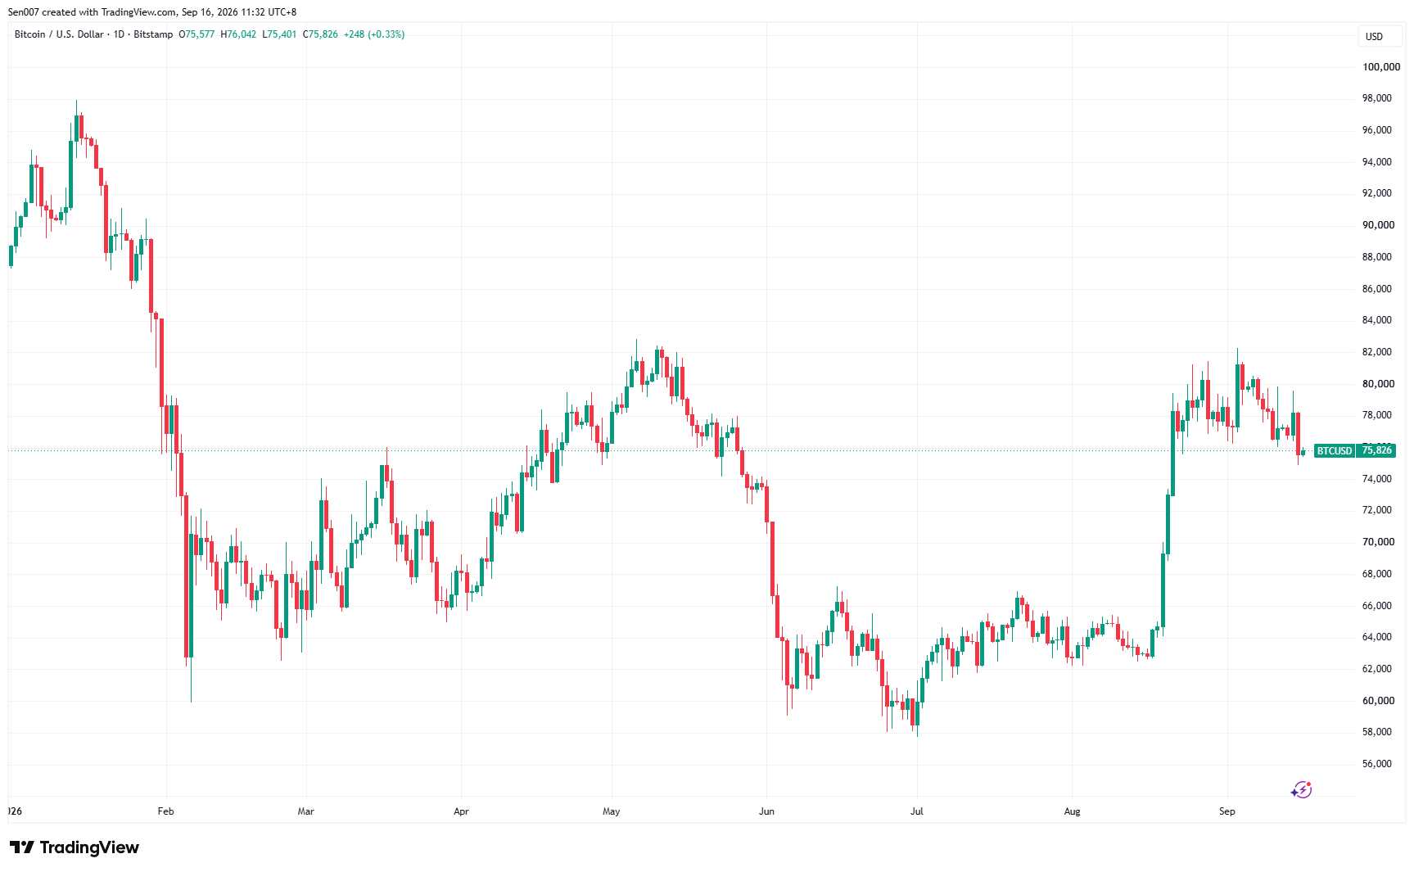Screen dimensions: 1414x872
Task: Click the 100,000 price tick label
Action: [x=1381, y=67]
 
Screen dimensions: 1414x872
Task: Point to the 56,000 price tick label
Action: [x=1377, y=764]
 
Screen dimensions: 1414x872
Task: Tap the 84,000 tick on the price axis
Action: [x=1377, y=320]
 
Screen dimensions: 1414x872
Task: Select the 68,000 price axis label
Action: [x=1377, y=574]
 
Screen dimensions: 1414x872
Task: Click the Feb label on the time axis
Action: [x=166, y=811]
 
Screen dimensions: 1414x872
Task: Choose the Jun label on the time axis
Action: [x=766, y=811]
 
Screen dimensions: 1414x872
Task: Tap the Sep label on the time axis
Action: [x=1227, y=811]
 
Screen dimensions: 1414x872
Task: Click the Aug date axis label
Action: [x=1072, y=811]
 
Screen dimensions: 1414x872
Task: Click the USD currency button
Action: [x=1374, y=37]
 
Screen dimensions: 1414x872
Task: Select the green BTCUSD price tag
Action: [x=1335, y=451]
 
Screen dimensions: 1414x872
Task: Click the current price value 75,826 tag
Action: [x=1376, y=450]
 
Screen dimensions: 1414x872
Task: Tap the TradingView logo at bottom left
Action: [x=75, y=847]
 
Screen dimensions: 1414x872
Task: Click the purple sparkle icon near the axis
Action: [x=1301, y=790]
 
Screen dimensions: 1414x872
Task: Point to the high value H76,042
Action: [x=238, y=34]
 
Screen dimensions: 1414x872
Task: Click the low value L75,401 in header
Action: [x=279, y=34]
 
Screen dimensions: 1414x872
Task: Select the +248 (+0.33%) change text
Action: [x=374, y=34]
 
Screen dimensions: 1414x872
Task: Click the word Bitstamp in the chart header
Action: [x=153, y=34]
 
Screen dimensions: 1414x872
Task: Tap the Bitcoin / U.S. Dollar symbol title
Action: [x=59, y=34]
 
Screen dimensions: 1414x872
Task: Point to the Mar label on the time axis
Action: [x=305, y=811]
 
